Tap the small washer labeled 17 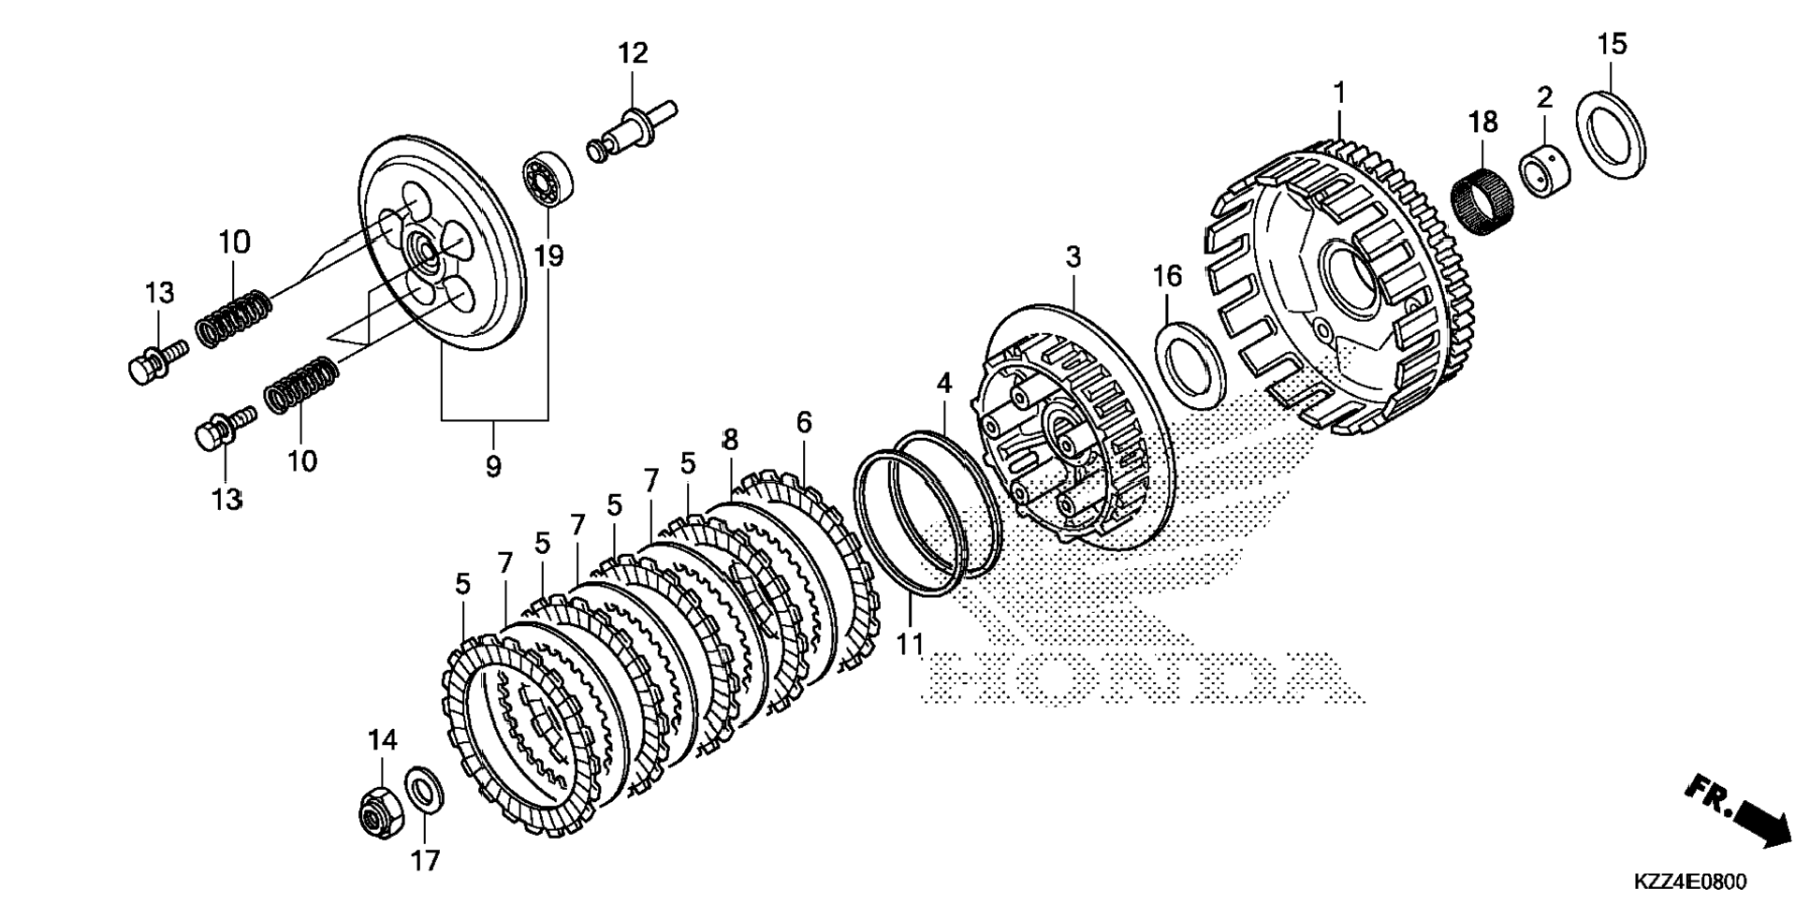[x=424, y=791]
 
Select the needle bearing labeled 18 [x=1482, y=193]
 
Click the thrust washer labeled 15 [x=1612, y=134]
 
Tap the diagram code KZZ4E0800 [x=1690, y=882]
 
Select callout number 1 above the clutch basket [x=1339, y=93]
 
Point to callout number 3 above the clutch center [x=1073, y=255]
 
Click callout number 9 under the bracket [x=493, y=465]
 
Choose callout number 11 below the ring [x=910, y=644]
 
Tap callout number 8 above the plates [x=730, y=439]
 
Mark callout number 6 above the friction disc [x=804, y=422]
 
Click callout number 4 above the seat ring [x=943, y=383]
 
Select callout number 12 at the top [x=633, y=53]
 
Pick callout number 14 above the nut [x=382, y=740]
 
